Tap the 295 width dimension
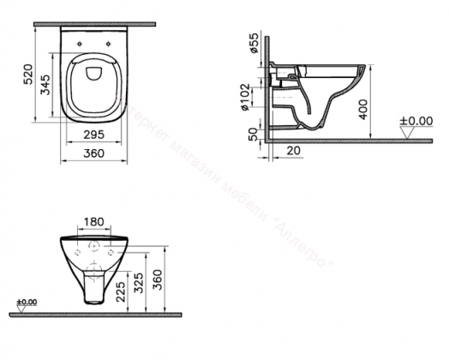click(x=94, y=135)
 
